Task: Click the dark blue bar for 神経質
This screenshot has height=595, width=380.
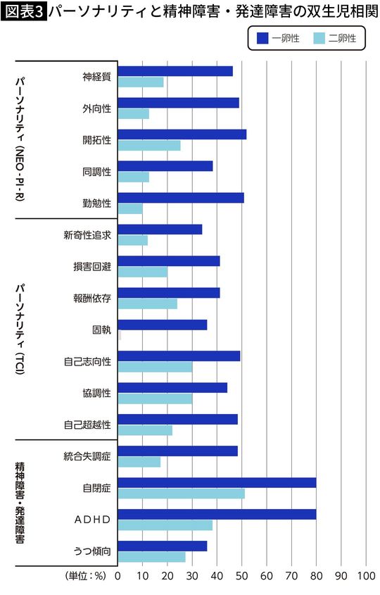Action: pos(175,71)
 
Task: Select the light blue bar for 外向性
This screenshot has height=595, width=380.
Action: pos(134,113)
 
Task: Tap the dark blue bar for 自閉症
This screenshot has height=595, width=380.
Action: pos(217,482)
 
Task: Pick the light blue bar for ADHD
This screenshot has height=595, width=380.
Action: pos(165,525)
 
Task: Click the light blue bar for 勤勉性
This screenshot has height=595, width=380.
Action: pos(130,208)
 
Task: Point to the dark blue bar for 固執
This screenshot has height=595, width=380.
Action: pos(163,325)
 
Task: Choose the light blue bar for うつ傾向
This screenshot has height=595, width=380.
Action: pos(152,556)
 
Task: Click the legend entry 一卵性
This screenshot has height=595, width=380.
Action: pos(277,39)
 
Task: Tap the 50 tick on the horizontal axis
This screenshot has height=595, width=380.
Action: pos(242,575)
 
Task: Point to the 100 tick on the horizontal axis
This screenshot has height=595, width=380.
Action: pos(366,575)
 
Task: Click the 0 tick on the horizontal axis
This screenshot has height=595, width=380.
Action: pos(118,575)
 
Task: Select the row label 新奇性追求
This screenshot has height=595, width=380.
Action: pos(87,234)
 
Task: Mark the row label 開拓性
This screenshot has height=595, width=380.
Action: pos(97,139)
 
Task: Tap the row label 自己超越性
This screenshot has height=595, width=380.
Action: pos(87,425)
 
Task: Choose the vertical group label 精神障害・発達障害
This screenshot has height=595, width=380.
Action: pos(20,502)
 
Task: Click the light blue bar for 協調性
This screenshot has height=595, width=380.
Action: pos(155,399)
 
